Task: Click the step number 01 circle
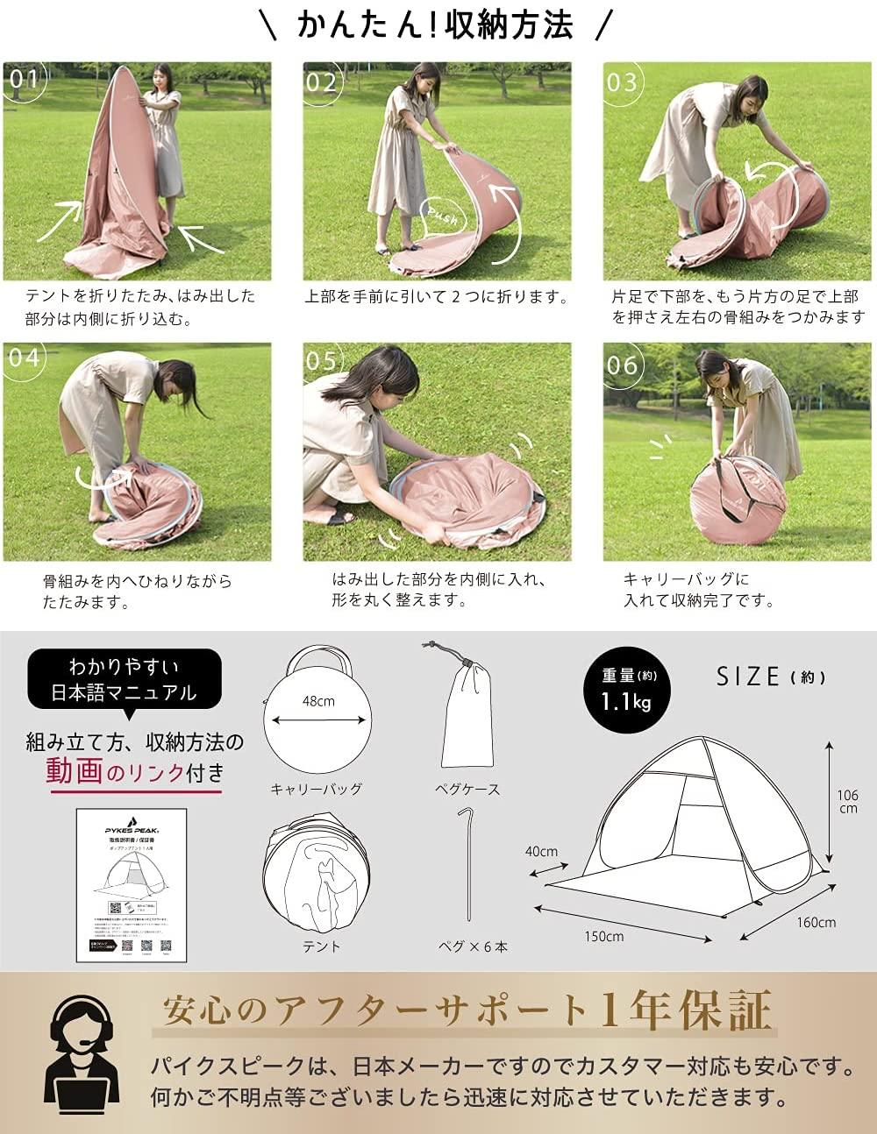tap(24, 82)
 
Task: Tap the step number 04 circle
tap(24, 358)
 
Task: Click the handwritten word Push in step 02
tap(444, 213)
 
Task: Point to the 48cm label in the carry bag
tap(318, 701)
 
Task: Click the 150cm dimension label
tap(604, 936)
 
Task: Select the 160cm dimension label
tap(816, 922)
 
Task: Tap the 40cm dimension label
tap(541, 851)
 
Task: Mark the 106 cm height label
tap(847, 801)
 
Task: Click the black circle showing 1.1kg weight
tap(625, 690)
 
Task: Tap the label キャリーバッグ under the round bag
tap(317, 789)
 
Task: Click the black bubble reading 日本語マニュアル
tap(123, 679)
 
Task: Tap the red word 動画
tap(75, 771)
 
